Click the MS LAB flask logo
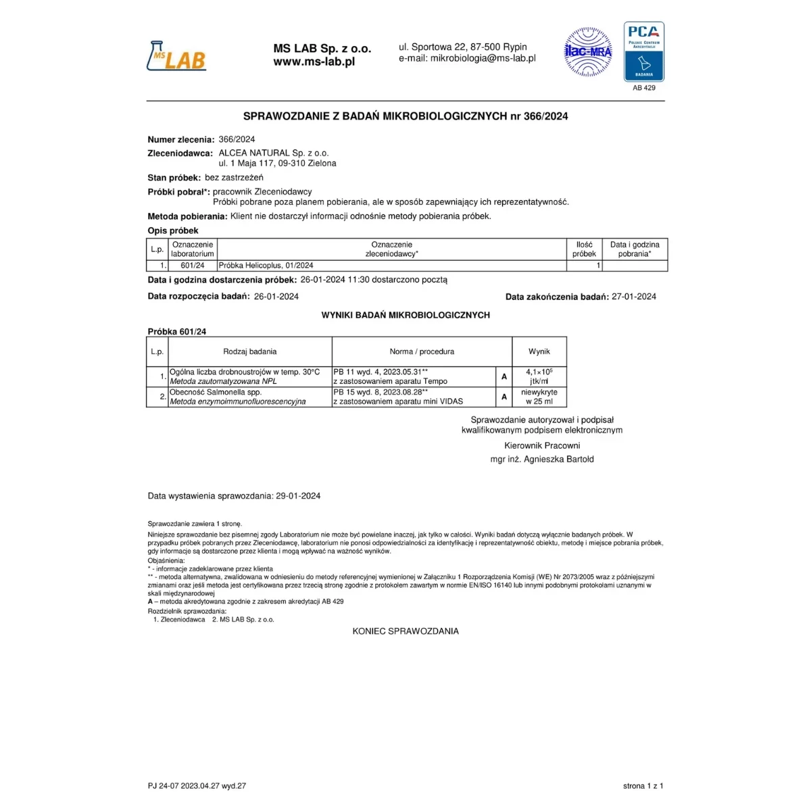(176, 55)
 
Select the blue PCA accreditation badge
(643, 51)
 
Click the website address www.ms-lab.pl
(314, 62)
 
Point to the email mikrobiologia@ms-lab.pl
(467, 58)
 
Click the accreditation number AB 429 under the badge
(643, 88)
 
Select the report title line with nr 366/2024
(405, 116)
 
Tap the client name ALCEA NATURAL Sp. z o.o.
(274, 153)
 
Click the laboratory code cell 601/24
(193, 266)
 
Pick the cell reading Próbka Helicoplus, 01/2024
(266, 266)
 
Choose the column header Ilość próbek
(584, 249)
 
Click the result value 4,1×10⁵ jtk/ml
(539, 376)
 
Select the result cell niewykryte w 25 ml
(539, 397)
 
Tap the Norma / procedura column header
(422, 351)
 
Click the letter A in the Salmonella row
(504, 397)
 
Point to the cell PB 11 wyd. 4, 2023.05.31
(380, 372)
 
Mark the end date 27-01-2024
(633, 296)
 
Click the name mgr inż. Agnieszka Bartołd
(542, 459)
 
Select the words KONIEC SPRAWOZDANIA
(405, 631)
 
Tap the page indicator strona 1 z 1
(643, 786)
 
